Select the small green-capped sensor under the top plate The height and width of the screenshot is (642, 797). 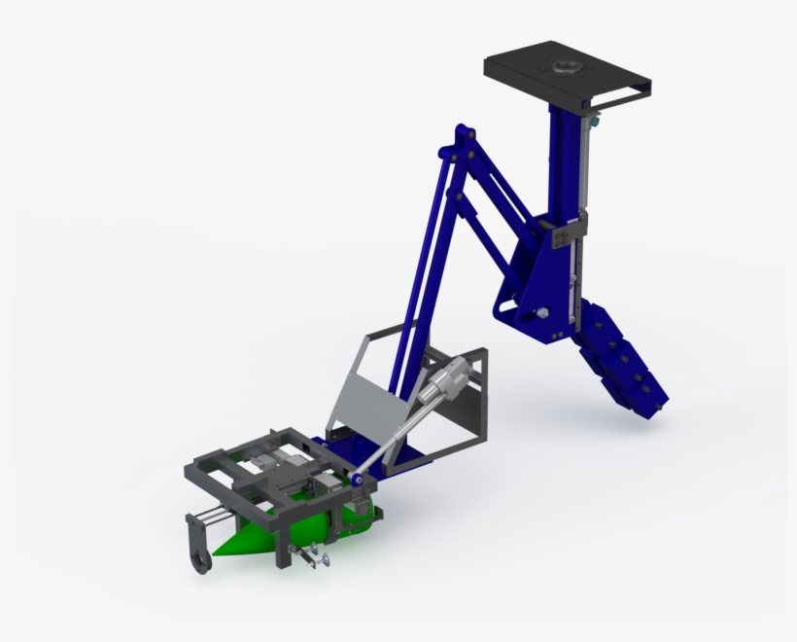(x=594, y=125)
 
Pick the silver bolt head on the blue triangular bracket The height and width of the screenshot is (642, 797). (x=542, y=313)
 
